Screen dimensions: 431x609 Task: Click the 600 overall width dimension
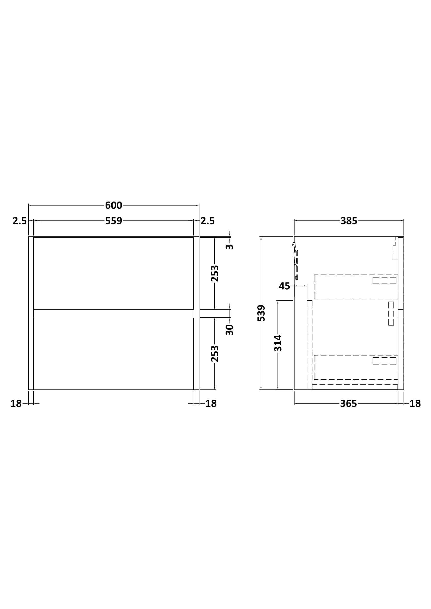[113, 205]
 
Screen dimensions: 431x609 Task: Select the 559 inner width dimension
[113, 221]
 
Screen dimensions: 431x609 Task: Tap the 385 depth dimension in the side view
[349, 221]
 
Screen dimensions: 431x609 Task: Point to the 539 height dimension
[261, 313]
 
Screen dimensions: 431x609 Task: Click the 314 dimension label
[278, 343]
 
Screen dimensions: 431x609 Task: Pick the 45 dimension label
[284, 286]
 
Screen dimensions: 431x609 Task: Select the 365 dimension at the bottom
[348, 404]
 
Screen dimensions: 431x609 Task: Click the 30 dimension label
[229, 330]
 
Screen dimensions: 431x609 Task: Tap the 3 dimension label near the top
[229, 247]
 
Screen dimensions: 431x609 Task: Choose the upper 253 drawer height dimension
[215, 273]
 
